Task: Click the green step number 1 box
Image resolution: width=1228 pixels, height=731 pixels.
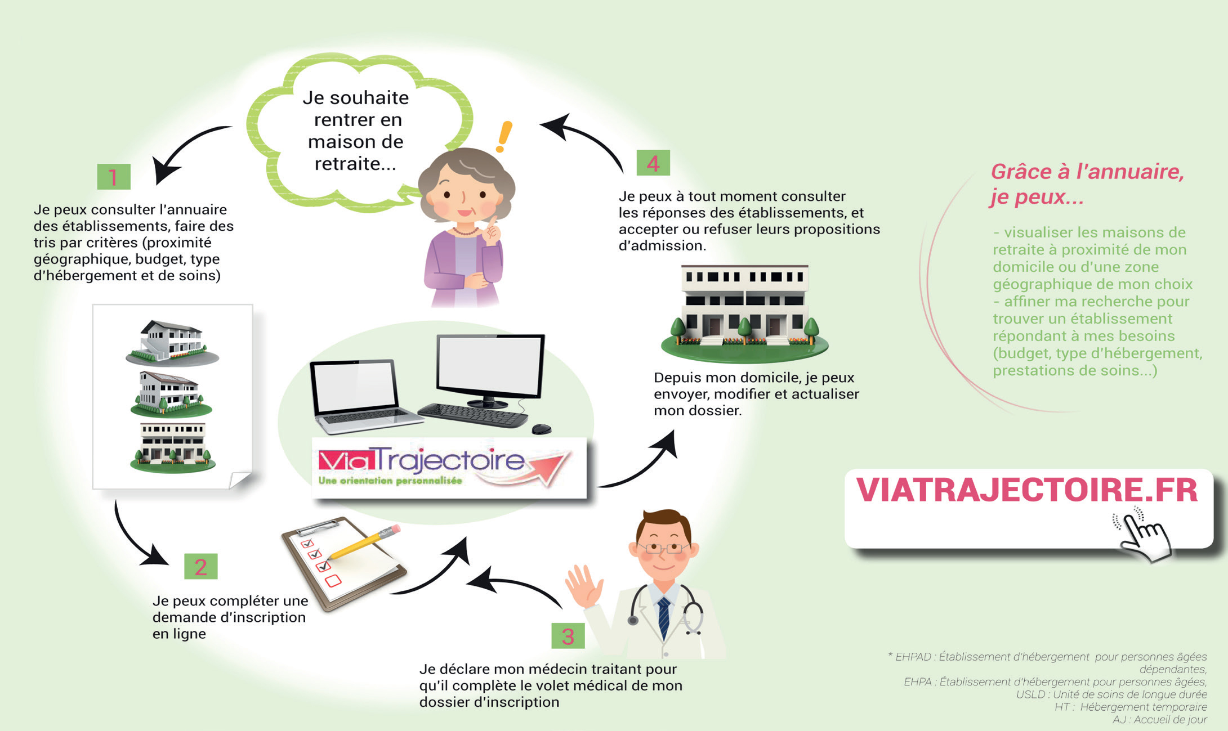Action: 114,177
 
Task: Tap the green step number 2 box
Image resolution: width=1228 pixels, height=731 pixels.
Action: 201,566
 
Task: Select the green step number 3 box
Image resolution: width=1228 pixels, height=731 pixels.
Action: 568,636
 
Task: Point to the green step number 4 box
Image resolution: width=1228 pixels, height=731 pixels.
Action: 653,163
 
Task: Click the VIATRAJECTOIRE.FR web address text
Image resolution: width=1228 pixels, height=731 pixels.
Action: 1027,490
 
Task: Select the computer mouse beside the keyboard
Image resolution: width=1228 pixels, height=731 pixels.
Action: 541,429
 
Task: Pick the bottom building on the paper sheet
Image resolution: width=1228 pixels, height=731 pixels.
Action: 173,447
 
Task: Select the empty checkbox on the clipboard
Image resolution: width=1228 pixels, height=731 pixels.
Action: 333,580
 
